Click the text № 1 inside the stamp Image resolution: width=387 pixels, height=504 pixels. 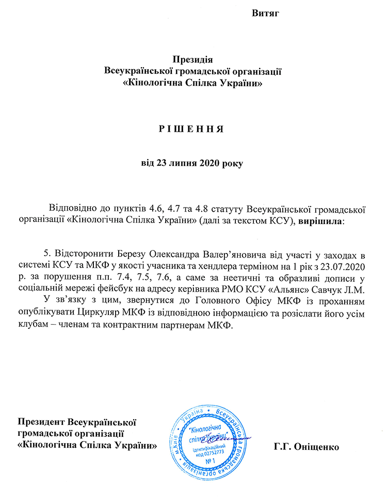pyautogui.click(x=210, y=460)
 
